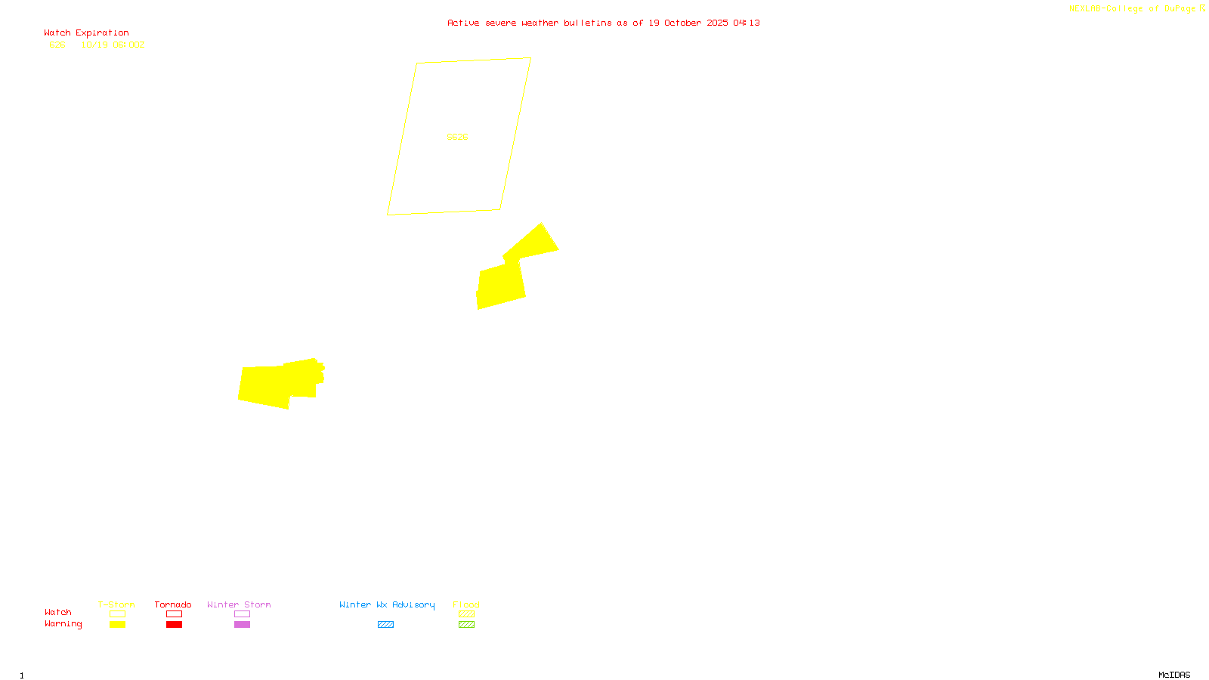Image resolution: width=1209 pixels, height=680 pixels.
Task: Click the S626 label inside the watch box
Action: click(457, 137)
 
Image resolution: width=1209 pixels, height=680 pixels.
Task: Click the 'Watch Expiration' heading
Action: click(86, 33)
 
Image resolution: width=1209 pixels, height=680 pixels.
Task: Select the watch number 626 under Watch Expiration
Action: click(57, 45)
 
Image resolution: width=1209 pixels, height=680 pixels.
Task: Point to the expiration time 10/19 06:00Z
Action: click(113, 45)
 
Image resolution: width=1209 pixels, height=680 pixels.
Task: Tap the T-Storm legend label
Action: click(116, 604)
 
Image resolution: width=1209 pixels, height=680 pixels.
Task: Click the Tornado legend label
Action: click(173, 604)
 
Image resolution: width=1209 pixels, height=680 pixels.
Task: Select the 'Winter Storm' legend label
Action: click(239, 604)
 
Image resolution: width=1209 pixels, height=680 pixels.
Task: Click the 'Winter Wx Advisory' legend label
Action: click(387, 604)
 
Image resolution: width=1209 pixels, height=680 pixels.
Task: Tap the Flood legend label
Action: click(466, 604)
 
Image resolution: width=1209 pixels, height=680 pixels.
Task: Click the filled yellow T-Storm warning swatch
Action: click(117, 625)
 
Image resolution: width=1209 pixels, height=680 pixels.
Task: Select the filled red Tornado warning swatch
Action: click(174, 625)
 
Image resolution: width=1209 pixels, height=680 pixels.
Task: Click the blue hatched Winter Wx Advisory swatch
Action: click(385, 625)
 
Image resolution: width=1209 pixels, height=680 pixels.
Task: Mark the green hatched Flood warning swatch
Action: click(466, 625)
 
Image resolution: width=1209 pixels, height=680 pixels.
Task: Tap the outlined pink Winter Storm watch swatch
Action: click(242, 614)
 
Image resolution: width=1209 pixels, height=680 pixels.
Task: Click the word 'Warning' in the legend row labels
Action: click(63, 624)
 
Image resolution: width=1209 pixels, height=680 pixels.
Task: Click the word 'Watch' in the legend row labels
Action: click(57, 613)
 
